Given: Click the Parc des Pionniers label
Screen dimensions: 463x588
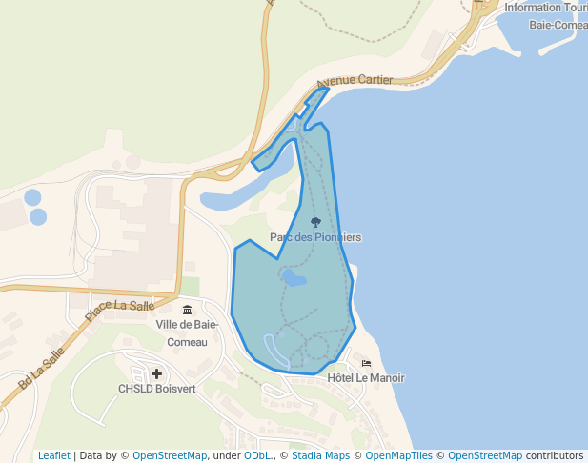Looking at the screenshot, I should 315,237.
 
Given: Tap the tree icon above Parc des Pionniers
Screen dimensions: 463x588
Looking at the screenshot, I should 316,222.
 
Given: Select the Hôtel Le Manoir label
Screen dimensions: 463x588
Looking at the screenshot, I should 366,378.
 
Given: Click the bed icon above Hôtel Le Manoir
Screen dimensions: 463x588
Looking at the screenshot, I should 367,363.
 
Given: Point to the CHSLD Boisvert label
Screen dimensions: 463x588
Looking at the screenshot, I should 155,389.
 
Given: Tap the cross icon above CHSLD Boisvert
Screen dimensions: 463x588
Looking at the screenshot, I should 156,373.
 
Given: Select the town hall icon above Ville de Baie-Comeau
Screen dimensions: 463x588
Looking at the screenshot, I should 186,310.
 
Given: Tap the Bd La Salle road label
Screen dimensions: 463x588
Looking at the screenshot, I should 41,369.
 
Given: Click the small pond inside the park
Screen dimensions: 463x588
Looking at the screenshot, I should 294,278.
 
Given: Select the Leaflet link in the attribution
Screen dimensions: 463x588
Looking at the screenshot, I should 53,455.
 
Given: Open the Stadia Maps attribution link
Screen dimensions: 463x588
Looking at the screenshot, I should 320,455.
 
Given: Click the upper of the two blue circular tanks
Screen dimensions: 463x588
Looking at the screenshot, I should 32,198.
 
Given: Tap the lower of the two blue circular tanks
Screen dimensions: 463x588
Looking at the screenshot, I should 38,216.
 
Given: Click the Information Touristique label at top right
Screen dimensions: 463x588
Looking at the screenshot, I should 545,8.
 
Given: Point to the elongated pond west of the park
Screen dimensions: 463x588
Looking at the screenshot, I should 238,196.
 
